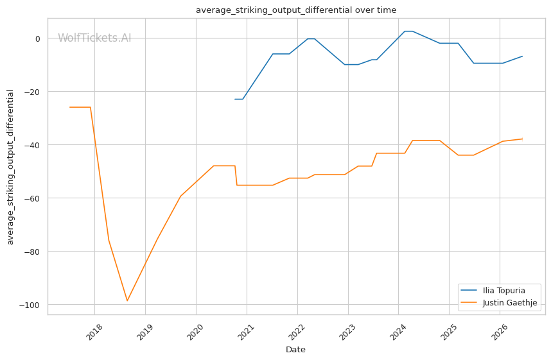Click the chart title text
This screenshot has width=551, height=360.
click(296, 10)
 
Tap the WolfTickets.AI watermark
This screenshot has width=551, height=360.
click(94, 38)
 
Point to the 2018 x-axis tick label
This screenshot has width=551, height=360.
click(94, 332)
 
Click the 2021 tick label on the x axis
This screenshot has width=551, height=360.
click(246, 332)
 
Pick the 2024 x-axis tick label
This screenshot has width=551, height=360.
click(398, 332)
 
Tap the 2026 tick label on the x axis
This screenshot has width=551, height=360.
click(500, 332)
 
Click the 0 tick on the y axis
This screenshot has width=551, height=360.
click(38, 39)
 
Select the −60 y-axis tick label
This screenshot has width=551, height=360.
click(31, 198)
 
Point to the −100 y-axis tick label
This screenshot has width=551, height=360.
click(30, 305)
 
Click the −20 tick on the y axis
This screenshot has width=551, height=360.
click(31, 92)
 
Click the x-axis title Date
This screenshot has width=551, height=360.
click(295, 350)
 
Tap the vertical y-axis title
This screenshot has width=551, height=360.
click(10, 167)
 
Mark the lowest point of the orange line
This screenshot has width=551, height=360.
click(127, 301)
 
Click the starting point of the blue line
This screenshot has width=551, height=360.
click(235, 99)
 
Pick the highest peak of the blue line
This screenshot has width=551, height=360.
click(408, 31)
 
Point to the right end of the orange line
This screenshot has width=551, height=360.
click(523, 139)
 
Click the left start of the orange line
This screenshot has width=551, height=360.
click(69, 107)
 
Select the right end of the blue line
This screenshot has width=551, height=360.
click(523, 56)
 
